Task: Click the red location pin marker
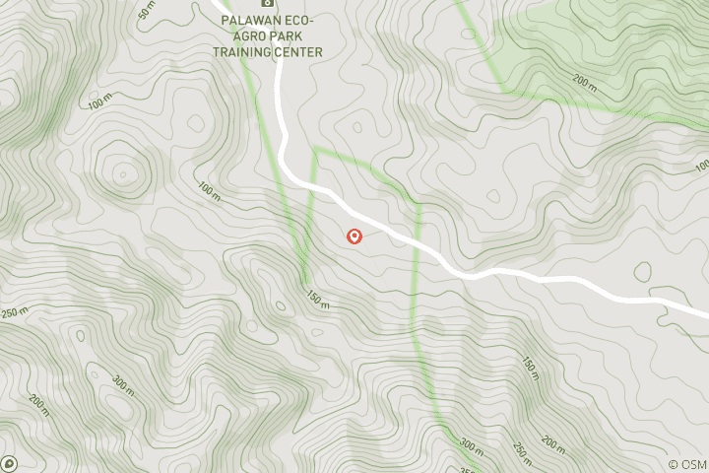pos(354,236)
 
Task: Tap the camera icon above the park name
pos(264,3)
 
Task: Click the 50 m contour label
pos(147,13)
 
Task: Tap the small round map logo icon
pos(9,462)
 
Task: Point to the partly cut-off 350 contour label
pos(467,468)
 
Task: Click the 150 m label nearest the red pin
pos(316,300)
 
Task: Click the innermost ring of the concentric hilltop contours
pos(124,171)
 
